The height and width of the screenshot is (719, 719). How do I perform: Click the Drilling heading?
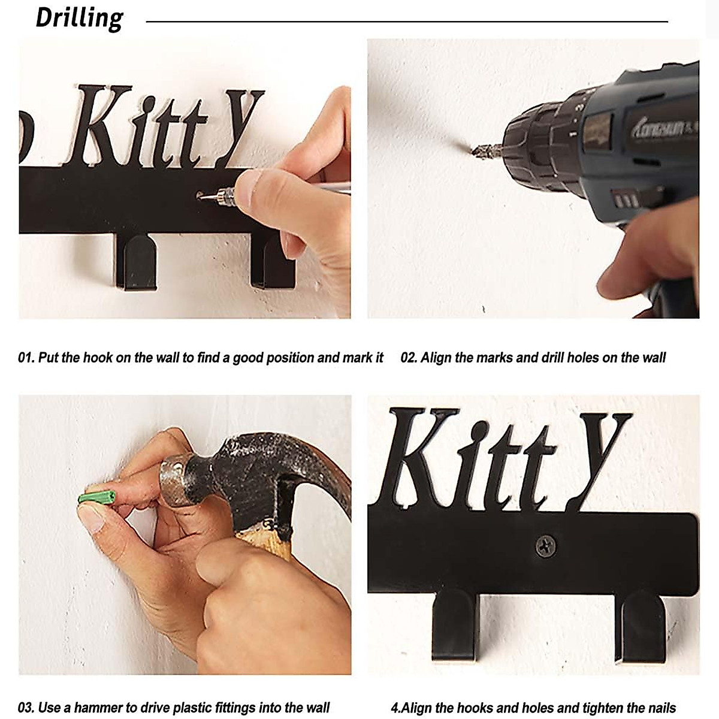coord(79,18)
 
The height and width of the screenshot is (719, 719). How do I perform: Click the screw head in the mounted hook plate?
coord(545,545)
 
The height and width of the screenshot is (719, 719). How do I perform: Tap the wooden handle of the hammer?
coord(270,539)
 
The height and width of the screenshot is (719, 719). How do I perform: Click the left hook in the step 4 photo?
coord(456,623)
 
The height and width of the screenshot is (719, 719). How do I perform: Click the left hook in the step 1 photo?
coord(136,261)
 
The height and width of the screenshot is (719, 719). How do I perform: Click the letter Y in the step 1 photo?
coord(240,126)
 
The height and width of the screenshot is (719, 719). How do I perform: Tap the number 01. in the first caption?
coord(26,358)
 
